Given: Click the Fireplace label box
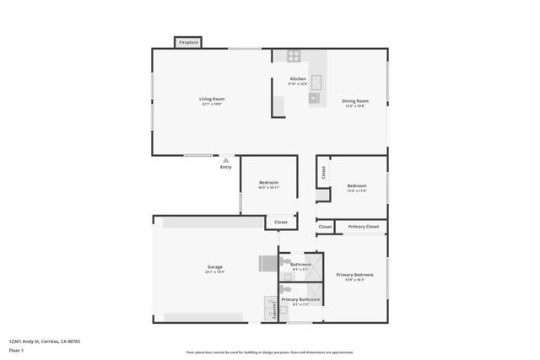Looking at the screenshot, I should click(x=188, y=42).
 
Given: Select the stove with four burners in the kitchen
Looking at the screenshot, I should click(x=294, y=56).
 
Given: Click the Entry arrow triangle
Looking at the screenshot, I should click(x=225, y=159).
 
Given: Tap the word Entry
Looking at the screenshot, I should click(x=225, y=167).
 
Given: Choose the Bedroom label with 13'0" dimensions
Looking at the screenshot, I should click(x=357, y=187).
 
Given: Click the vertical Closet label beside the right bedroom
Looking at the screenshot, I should click(x=323, y=172).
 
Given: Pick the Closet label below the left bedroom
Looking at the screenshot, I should click(x=281, y=222).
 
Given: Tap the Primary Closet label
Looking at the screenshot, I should click(x=364, y=227).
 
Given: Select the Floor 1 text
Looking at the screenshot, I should click(x=17, y=350).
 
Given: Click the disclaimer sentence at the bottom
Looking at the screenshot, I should click(x=270, y=352).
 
